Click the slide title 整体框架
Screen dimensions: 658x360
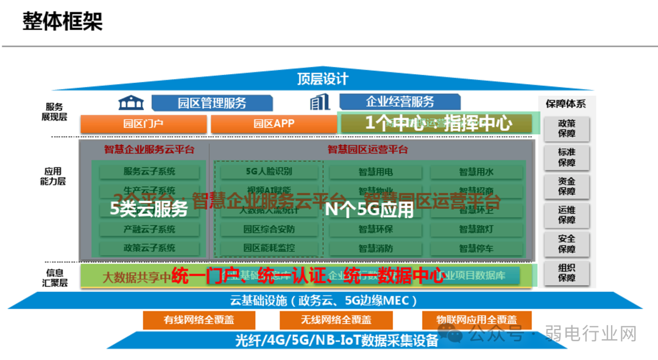pyautogui.click(x=63, y=21)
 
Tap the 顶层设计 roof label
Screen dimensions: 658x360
pyautogui.click(x=322, y=79)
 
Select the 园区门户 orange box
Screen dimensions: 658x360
pyautogui.click(x=143, y=124)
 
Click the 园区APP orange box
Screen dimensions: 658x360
pyautogui.click(x=274, y=124)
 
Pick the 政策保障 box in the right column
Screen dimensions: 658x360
pyautogui.click(x=567, y=127)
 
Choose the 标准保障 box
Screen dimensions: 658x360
pyautogui.click(x=567, y=157)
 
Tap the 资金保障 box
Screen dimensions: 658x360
pyautogui.click(x=567, y=186)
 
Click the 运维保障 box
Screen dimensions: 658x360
pyautogui.click(x=567, y=214)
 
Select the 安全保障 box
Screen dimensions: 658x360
pyautogui.click(x=567, y=244)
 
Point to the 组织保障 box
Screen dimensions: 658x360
pyautogui.click(x=567, y=272)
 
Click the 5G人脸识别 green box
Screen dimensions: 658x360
pyautogui.click(x=268, y=172)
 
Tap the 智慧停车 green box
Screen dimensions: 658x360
pyautogui.click(x=476, y=249)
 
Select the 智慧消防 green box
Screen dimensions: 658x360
pyautogui.click(x=376, y=249)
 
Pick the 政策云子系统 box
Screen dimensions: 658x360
pyautogui.click(x=149, y=249)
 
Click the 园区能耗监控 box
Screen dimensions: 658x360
pyautogui.click(x=268, y=249)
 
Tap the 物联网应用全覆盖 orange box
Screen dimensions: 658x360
pyautogui.click(x=476, y=320)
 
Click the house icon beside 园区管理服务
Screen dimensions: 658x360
pyautogui.click(x=131, y=102)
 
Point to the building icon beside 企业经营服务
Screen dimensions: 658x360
pyautogui.click(x=319, y=102)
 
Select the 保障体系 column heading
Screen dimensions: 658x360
pyautogui.click(x=565, y=104)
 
